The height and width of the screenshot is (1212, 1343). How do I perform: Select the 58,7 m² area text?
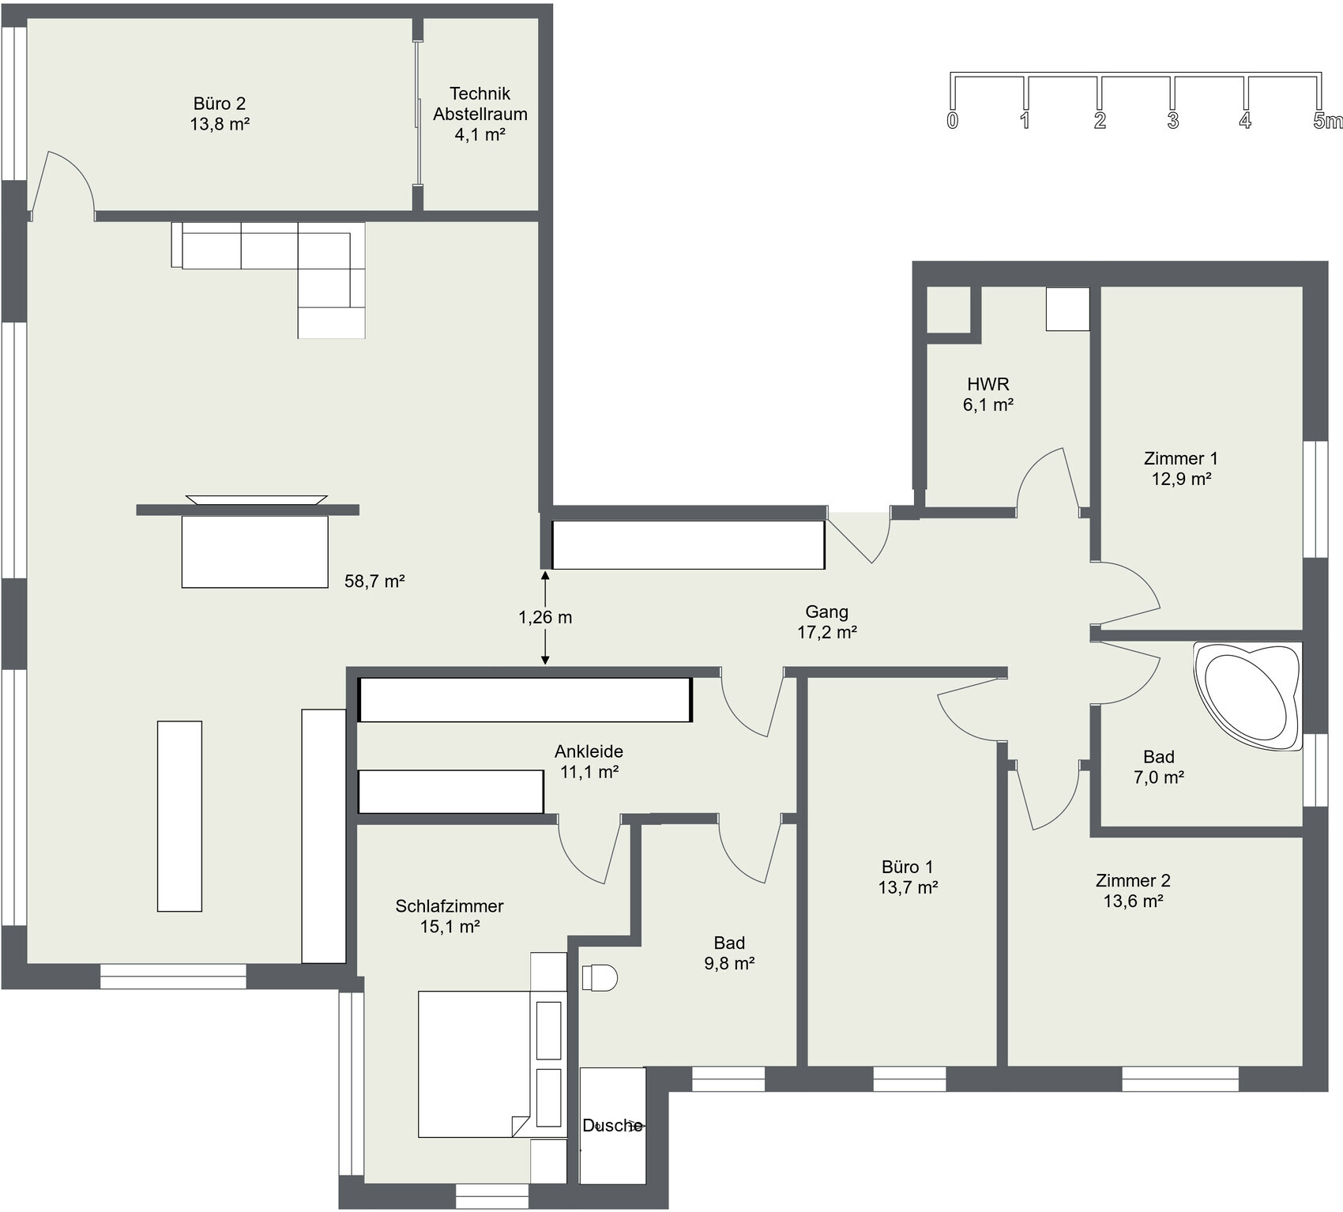click(374, 582)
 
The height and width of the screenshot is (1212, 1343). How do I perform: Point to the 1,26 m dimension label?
click(545, 617)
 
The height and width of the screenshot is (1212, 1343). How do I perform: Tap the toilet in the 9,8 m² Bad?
click(600, 977)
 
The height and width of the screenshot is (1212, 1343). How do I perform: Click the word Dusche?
click(612, 1125)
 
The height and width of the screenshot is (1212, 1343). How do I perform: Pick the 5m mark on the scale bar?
click(1326, 121)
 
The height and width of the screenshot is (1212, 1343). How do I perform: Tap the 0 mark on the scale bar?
click(953, 121)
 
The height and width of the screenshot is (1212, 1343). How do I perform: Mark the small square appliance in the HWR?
click(1068, 309)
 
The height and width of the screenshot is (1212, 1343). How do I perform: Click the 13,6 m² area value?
click(1133, 901)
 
